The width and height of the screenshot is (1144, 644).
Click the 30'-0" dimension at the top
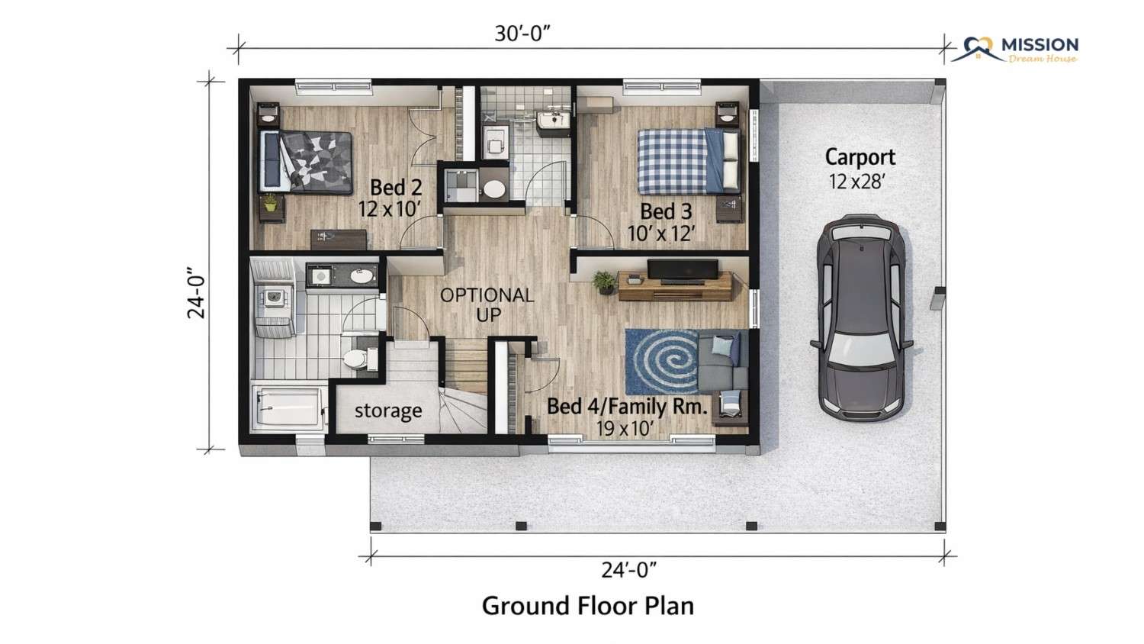(522, 34)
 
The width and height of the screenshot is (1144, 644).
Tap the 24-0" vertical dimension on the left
(196, 293)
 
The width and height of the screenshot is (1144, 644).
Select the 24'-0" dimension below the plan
(628, 570)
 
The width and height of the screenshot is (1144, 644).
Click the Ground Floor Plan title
(588, 606)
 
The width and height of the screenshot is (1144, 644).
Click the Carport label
(860, 157)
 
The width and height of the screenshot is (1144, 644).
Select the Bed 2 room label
(396, 188)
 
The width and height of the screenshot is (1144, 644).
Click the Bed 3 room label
(666, 211)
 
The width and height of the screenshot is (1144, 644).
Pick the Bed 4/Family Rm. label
(627, 407)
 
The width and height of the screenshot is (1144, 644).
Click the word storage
(388, 411)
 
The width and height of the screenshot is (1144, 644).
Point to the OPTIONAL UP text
(487, 305)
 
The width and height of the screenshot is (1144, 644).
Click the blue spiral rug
(662, 362)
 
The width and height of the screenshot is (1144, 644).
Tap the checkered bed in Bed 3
(689, 162)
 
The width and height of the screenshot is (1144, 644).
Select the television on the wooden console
(683, 270)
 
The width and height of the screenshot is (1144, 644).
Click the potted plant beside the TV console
(605, 282)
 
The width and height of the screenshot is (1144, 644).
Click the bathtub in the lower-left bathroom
(289, 408)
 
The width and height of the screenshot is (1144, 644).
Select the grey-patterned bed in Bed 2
(306, 162)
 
